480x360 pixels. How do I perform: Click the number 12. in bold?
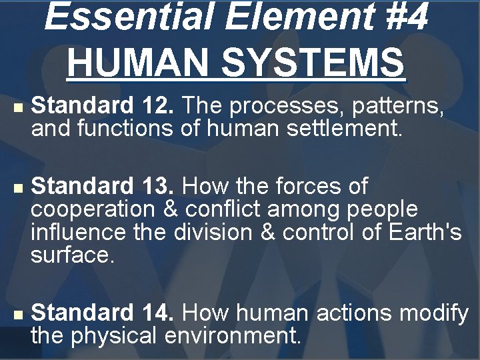click(159, 105)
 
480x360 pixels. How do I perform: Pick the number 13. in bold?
click(159, 185)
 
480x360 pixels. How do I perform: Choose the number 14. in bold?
click(159, 311)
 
